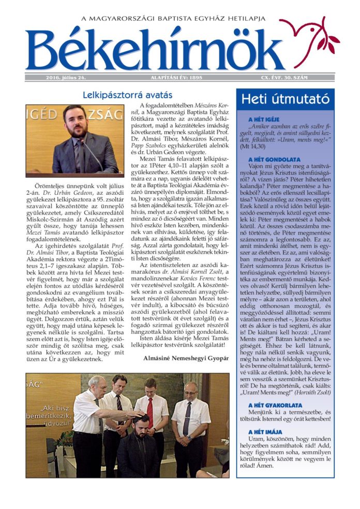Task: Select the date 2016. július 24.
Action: click(x=66, y=78)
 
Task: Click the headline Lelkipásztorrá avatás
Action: click(x=128, y=95)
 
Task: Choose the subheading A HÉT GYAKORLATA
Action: click(x=274, y=405)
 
